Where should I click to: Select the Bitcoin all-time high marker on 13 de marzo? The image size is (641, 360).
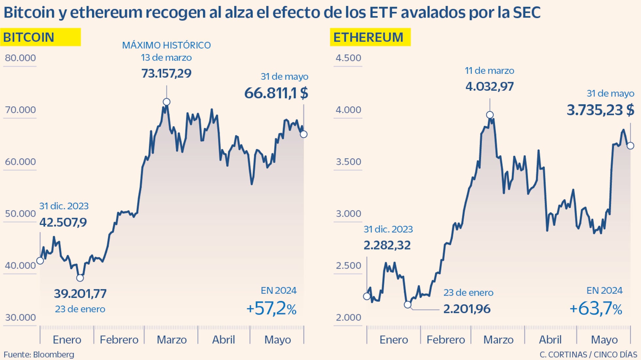point(166,102)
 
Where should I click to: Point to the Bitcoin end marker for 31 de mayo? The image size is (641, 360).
point(303,134)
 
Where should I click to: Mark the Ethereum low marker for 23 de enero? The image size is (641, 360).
point(407,304)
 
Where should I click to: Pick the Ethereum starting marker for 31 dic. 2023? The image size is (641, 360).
point(367,296)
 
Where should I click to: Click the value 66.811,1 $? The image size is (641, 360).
point(276,93)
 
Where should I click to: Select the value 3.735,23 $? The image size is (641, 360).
point(600,110)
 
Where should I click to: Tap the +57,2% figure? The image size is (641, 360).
point(271,308)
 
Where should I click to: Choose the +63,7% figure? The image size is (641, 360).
point(596,308)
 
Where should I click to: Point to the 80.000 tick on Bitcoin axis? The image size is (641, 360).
point(20,58)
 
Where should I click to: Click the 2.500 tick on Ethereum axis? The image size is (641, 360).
point(348,265)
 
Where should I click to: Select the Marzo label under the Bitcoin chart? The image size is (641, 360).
point(172,340)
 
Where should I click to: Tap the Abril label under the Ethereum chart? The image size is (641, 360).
point(550,340)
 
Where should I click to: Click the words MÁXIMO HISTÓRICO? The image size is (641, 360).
point(166,45)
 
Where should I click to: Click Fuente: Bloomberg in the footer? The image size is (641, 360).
point(39,354)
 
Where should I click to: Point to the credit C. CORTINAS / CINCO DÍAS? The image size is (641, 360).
point(588,354)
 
